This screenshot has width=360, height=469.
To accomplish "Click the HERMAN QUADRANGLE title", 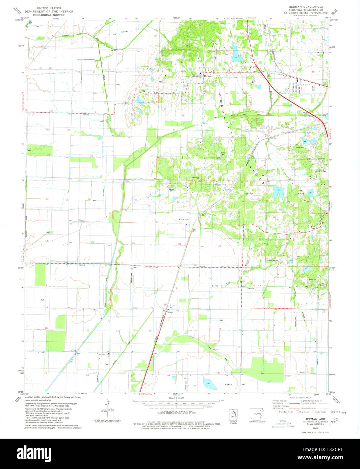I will (306, 7).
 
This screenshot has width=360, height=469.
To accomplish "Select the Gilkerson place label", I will (183, 219).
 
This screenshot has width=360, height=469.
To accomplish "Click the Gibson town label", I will (170, 312).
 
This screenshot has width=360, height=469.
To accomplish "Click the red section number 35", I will (92, 242).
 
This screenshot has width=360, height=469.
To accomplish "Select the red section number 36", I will (134, 243).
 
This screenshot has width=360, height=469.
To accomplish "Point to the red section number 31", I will (180, 244).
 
